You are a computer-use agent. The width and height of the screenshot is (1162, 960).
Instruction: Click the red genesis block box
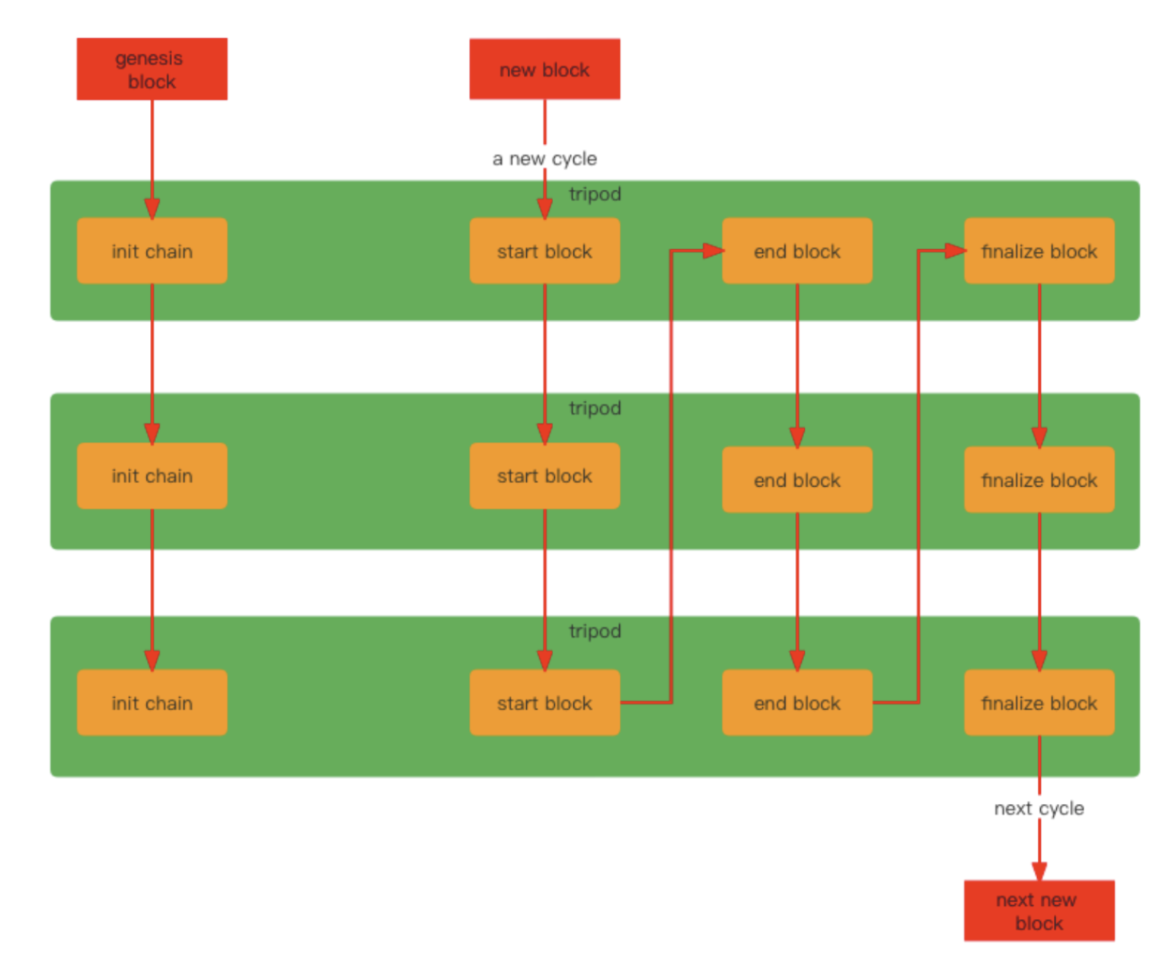(x=152, y=69)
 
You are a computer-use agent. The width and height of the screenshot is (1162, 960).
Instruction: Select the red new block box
(x=544, y=69)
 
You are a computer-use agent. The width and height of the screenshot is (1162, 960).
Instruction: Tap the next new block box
(x=1039, y=910)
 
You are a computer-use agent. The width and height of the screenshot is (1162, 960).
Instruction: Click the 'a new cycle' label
(x=544, y=158)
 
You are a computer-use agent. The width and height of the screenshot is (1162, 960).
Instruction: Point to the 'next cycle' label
(x=1039, y=808)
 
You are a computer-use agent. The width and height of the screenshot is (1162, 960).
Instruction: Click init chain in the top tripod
(x=152, y=251)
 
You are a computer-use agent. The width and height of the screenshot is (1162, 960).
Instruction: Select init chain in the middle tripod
(x=152, y=476)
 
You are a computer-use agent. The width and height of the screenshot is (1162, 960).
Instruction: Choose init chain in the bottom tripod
(x=152, y=702)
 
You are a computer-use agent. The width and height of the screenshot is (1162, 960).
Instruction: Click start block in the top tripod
(x=544, y=251)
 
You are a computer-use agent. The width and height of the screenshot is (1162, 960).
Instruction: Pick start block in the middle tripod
(x=544, y=476)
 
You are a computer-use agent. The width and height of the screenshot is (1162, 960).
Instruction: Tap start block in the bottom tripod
(x=544, y=702)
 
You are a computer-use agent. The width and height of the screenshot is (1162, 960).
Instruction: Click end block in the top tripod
(x=796, y=251)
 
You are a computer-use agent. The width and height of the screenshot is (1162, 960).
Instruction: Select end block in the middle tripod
(x=796, y=480)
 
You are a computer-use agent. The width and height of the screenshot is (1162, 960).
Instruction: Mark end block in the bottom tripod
(x=796, y=702)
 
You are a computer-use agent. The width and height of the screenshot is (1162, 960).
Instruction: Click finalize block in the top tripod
(x=1039, y=251)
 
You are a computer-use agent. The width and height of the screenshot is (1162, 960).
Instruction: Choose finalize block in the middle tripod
(x=1039, y=480)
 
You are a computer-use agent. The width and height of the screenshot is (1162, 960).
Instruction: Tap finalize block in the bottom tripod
(x=1039, y=702)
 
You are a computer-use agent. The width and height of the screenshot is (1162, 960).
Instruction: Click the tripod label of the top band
(x=595, y=194)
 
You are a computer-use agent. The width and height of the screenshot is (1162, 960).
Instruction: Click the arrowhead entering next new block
(x=1039, y=871)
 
